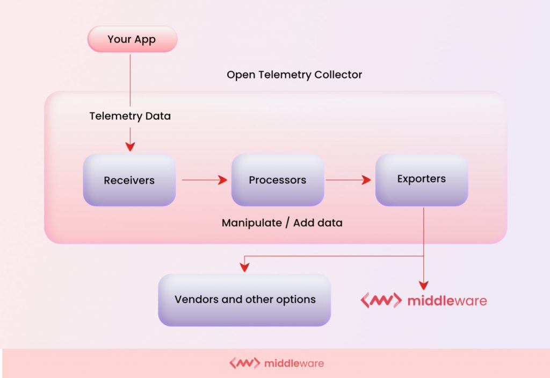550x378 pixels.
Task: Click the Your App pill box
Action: click(x=132, y=39)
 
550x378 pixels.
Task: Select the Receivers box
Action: click(x=129, y=180)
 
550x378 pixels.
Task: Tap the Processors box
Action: click(x=277, y=180)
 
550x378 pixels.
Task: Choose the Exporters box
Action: click(x=421, y=179)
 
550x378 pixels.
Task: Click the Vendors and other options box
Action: click(x=244, y=299)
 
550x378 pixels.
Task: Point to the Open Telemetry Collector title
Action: click(x=294, y=75)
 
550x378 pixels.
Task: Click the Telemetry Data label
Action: click(x=130, y=116)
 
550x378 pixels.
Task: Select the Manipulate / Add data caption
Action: click(x=281, y=223)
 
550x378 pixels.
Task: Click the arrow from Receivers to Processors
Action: click(x=204, y=180)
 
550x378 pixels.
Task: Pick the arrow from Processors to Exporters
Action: click(x=348, y=180)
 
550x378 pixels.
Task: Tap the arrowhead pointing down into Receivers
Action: click(x=130, y=147)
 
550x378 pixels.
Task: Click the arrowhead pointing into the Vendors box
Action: click(x=244, y=267)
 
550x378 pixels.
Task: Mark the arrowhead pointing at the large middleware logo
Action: click(x=424, y=285)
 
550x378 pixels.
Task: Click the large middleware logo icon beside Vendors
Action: click(x=381, y=301)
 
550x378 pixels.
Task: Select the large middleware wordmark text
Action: click(x=447, y=301)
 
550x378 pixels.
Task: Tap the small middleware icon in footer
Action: click(x=244, y=363)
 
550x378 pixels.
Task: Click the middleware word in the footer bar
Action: click(x=294, y=363)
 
